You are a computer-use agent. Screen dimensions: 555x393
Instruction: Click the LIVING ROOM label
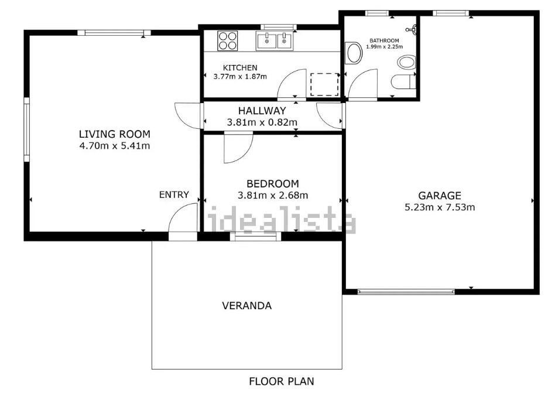pyautogui.click(x=115, y=134)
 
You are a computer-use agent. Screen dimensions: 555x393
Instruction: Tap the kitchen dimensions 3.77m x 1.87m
pyautogui.click(x=240, y=77)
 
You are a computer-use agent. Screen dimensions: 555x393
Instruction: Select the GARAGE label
pyautogui.click(x=440, y=196)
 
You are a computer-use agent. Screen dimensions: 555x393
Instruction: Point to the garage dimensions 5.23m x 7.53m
pyautogui.click(x=440, y=207)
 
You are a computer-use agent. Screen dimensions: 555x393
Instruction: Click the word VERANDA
pyautogui.click(x=246, y=306)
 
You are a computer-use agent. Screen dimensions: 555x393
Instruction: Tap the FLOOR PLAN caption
pyautogui.click(x=282, y=381)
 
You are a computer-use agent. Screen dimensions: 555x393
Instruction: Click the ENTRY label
pyautogui.click(x=174, y=194)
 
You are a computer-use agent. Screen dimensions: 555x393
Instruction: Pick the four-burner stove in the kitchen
pyautogui.click(x=228, y=41)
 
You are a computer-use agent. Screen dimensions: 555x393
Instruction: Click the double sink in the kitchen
pyautogui.click(x=275, y=41)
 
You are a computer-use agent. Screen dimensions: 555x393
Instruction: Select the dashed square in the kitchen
pyautogui.click(x=324, y=84)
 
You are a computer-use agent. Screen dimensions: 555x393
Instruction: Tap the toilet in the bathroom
pyautogui.click(x=403, y=82)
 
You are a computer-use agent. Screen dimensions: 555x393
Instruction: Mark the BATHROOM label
pyautogui.click(x=384, y=41)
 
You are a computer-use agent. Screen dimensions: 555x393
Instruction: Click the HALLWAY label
pyautogui.click(x=262, y=111)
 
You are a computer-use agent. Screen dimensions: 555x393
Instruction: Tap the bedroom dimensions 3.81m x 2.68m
pyautogui.click(x=273, y=195)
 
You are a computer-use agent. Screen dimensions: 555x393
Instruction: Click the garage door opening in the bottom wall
pyautogui.click(x=406, y=292)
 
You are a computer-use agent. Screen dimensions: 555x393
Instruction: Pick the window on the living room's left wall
pyautogui.click(x=26, y=129)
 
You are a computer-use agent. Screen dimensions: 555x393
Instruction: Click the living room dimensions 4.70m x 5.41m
pyautogui.click(x=115, y=145)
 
